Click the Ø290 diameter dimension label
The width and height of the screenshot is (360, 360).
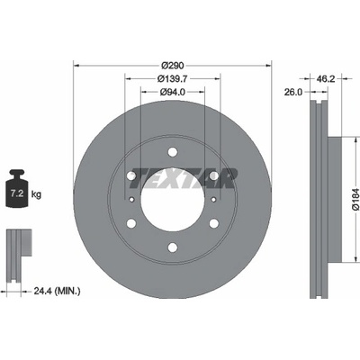tap(173, 65)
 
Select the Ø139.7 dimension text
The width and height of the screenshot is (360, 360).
tap(173, 78)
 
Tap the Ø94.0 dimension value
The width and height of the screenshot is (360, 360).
tap(173, 92)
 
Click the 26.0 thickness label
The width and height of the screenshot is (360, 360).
tap(293, 92)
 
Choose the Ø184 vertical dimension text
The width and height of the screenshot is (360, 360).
tap(355, 199)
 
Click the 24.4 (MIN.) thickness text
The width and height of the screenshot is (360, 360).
tap(57, 291)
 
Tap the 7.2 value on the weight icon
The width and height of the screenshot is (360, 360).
tap(17, 193)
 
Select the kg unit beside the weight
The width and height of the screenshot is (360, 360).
tap(36, 194)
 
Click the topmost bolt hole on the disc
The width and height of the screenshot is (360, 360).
tap(172, 152)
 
